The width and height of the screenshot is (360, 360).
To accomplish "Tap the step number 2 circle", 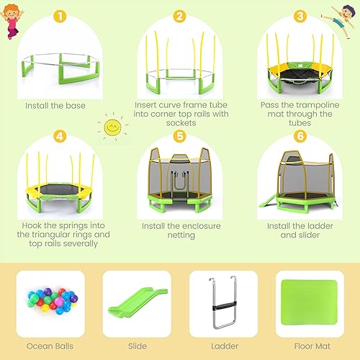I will click(x=180, y=16).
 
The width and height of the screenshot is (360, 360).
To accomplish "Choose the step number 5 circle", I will click(x=180, y=135).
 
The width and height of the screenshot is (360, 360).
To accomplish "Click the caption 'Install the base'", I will click(x=55, y=106).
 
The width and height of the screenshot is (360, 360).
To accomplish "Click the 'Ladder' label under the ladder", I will click(x=223, y=346).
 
